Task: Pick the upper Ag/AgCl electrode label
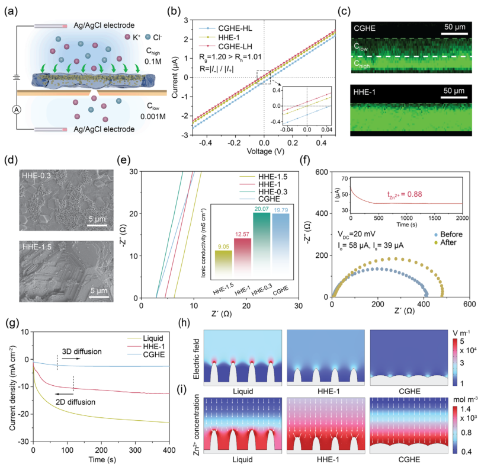(97, 25)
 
